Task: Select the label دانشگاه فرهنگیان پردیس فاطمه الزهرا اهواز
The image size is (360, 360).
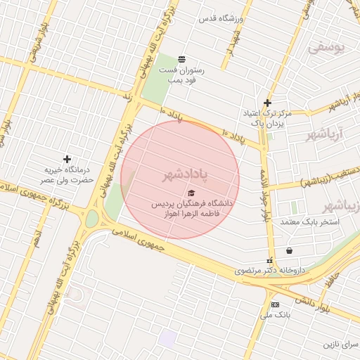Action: click(195, 207)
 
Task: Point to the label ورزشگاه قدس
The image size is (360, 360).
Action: click(221, 18)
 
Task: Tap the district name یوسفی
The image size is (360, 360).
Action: click(327, 48)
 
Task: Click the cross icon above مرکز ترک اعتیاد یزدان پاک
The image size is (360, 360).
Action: click(267, 103)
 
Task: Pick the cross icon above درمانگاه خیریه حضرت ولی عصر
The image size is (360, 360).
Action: click(67, 160)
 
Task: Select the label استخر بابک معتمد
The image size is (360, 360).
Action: click(309, 221)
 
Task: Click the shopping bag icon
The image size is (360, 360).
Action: click(289, 250)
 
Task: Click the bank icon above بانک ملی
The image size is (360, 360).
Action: click(274, 304)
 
